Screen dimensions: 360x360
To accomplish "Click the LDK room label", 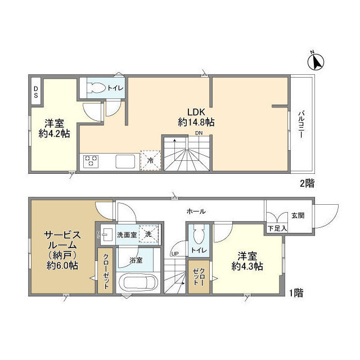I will coord(188,111).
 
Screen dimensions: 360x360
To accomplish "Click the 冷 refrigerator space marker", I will coord(150,160).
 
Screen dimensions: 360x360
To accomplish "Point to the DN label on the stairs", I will coord(199,133).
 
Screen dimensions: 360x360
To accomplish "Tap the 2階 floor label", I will coord(307,183).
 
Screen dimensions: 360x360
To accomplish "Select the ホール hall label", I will coord(196,211).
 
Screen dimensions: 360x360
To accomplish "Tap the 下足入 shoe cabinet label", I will coord(276,228).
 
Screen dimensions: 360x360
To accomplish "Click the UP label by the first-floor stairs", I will coord(174,254).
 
